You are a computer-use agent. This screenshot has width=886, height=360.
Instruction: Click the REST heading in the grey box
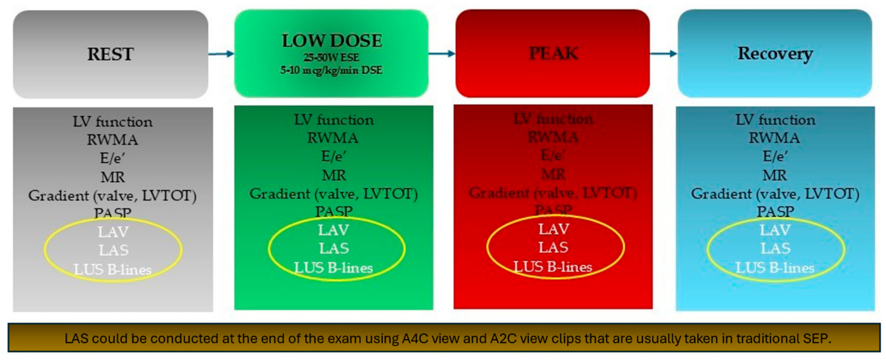110,54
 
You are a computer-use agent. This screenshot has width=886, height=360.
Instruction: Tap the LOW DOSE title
332,40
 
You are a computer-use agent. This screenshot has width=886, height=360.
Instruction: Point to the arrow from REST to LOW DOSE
221,54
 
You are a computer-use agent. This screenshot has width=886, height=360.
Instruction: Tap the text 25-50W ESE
331,57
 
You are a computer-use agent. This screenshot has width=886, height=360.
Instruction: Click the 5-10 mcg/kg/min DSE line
331,70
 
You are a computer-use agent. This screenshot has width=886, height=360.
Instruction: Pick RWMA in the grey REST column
112,140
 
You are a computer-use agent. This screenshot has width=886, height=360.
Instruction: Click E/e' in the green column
334,156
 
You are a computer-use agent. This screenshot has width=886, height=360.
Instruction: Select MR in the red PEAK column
553,174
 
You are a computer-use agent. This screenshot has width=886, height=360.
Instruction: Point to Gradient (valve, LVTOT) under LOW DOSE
334,194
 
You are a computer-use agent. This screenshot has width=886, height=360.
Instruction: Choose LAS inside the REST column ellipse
114,250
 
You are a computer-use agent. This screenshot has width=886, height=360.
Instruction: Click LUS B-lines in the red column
553,267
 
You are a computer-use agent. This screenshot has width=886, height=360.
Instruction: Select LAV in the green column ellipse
333,230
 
